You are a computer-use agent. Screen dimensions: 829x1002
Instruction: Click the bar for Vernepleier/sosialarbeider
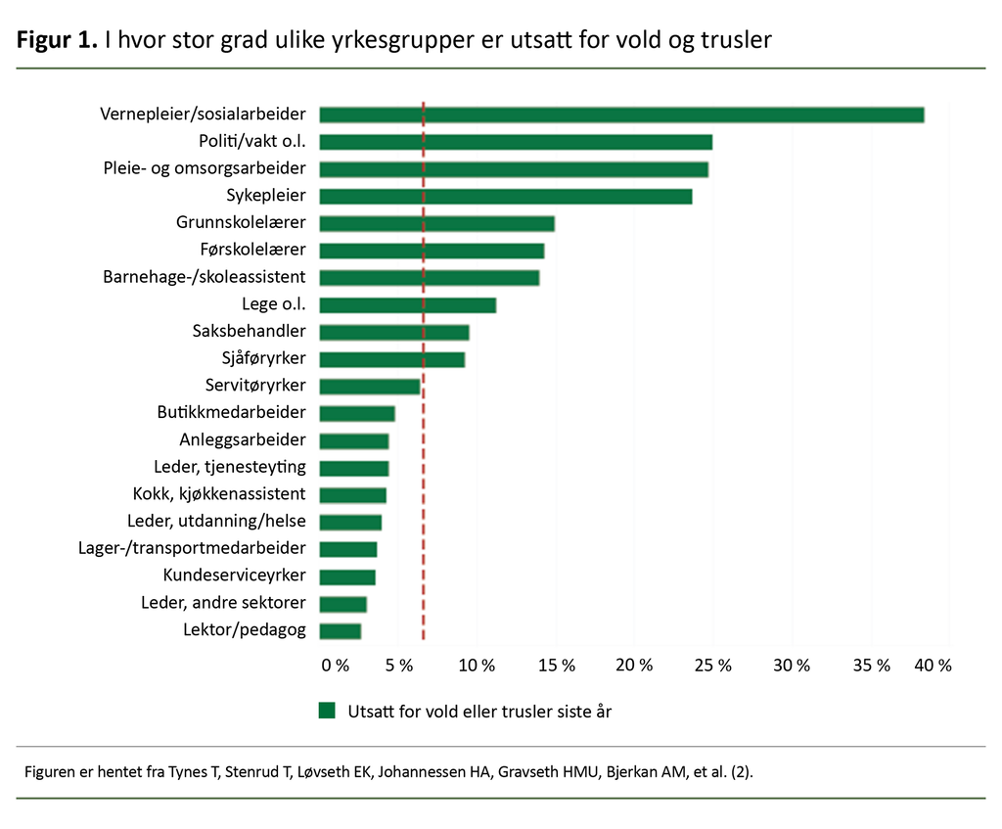[621, 115]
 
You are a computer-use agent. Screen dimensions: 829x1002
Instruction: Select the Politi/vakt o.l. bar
[516, 142]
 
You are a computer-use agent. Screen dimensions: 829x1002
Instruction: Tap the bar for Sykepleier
[505, 196]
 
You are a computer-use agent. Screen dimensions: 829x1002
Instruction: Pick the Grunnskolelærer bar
[436, 223]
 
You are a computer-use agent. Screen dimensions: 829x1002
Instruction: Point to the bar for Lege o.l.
[407, 304]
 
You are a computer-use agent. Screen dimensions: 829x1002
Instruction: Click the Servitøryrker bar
[369, 386]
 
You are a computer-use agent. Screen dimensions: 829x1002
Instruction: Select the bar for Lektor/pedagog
[340, 630]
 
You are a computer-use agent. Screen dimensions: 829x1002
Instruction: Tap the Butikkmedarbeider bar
[356, 413]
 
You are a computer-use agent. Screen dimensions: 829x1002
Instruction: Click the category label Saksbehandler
[249, 331]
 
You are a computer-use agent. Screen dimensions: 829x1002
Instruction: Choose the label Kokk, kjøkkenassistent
[218, 493]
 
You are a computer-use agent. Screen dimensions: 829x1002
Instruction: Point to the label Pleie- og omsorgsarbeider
[204, 168]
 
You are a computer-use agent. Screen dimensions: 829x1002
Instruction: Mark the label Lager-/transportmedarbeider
[192, 548]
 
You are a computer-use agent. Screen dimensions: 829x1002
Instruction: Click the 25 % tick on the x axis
[712, 666]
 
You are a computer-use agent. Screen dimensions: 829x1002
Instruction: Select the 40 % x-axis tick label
[932, 666]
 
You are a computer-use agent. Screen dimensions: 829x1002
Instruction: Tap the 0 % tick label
[335, 666]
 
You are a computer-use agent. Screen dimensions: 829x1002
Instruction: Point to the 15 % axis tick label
[556, 666]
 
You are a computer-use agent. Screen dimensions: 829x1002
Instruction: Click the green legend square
[327, 711]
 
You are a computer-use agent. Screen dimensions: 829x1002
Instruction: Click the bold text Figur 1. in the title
[56, 41]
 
